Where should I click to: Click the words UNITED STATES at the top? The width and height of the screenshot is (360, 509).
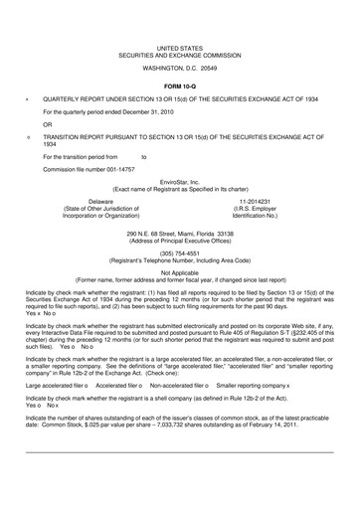coord(179,47)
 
